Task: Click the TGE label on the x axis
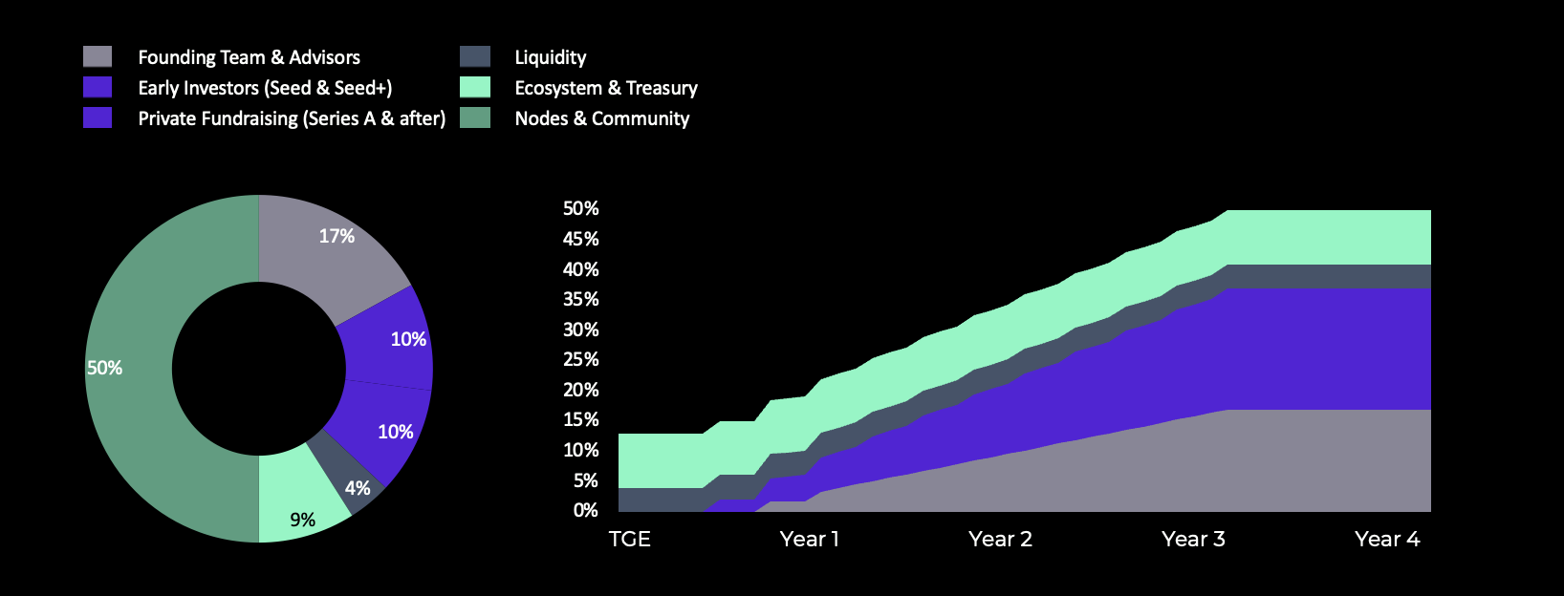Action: [x=629, y=540]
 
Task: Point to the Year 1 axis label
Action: [x=809, y=540]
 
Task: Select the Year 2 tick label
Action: [x=1000, y=540]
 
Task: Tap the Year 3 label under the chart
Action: [x=1193, y=540]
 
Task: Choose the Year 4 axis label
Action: [x=1387, y=540]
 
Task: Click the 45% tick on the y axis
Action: [x=580, y=239]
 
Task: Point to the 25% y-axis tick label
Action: [x=580, y=359]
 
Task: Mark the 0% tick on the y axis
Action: [x=585, y=510]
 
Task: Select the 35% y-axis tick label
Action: [x=580, y=299]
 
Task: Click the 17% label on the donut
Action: [x=337, y=236]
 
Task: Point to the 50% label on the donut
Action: [x=104, y=368]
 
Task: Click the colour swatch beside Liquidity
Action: [x=475, y=56]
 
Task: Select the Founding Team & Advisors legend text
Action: [x=249, y=57]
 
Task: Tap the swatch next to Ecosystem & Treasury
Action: [x=475, y=87]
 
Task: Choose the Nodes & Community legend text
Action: [x=601, y=118]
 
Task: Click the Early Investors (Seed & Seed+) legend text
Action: [x=265, y=88]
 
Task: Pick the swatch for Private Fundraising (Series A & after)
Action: [x=98, y=117]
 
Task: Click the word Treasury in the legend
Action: [x=662, y=88]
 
